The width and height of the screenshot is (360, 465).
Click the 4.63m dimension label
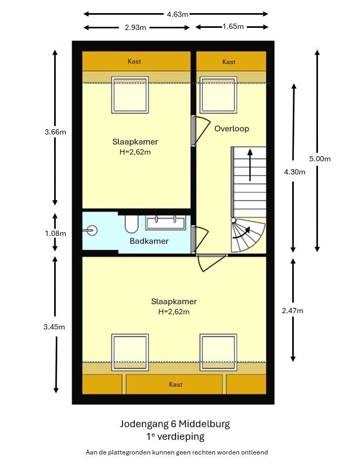point(177,14)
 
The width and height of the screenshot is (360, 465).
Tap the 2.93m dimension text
point(135,27)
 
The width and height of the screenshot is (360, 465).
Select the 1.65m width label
point(233,26)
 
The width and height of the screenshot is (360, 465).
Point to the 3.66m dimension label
point(56,132)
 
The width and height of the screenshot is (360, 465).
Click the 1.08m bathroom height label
point(56,233)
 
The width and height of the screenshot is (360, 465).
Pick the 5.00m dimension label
point(320,159)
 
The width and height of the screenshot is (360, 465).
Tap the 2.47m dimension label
point(292,311)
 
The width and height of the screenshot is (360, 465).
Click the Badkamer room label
point(149,241)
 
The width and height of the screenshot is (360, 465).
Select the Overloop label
point(232,129)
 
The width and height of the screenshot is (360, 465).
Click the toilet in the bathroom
point(131,224)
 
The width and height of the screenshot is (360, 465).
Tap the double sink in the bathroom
point(166,223)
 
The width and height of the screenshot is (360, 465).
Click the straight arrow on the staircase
point(250,165)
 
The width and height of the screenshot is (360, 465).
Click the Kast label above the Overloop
point(229,62)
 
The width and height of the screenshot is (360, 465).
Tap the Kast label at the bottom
point(176,385)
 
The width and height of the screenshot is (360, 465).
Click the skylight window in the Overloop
point(218,95)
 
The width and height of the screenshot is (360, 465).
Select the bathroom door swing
point(200,239)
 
